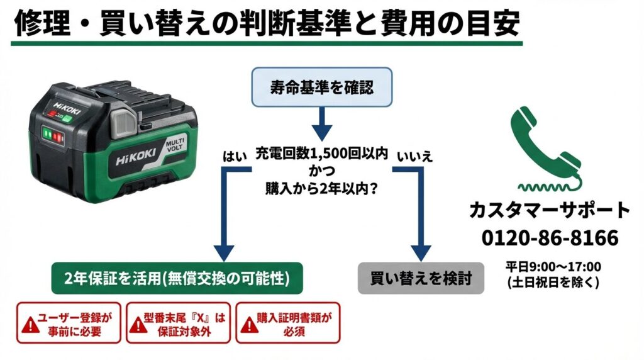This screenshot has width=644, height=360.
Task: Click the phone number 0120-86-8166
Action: (x=550, y=238)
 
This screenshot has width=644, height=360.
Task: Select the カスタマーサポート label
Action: (x=550, y=210)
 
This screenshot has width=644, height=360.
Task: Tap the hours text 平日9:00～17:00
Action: (x=553, y=266)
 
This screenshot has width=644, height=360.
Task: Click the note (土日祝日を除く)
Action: (x=553, y=283)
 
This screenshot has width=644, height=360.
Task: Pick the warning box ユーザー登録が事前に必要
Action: (x=69, y=323)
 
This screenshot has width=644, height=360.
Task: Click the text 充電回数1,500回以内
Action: (x=321, y=153)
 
